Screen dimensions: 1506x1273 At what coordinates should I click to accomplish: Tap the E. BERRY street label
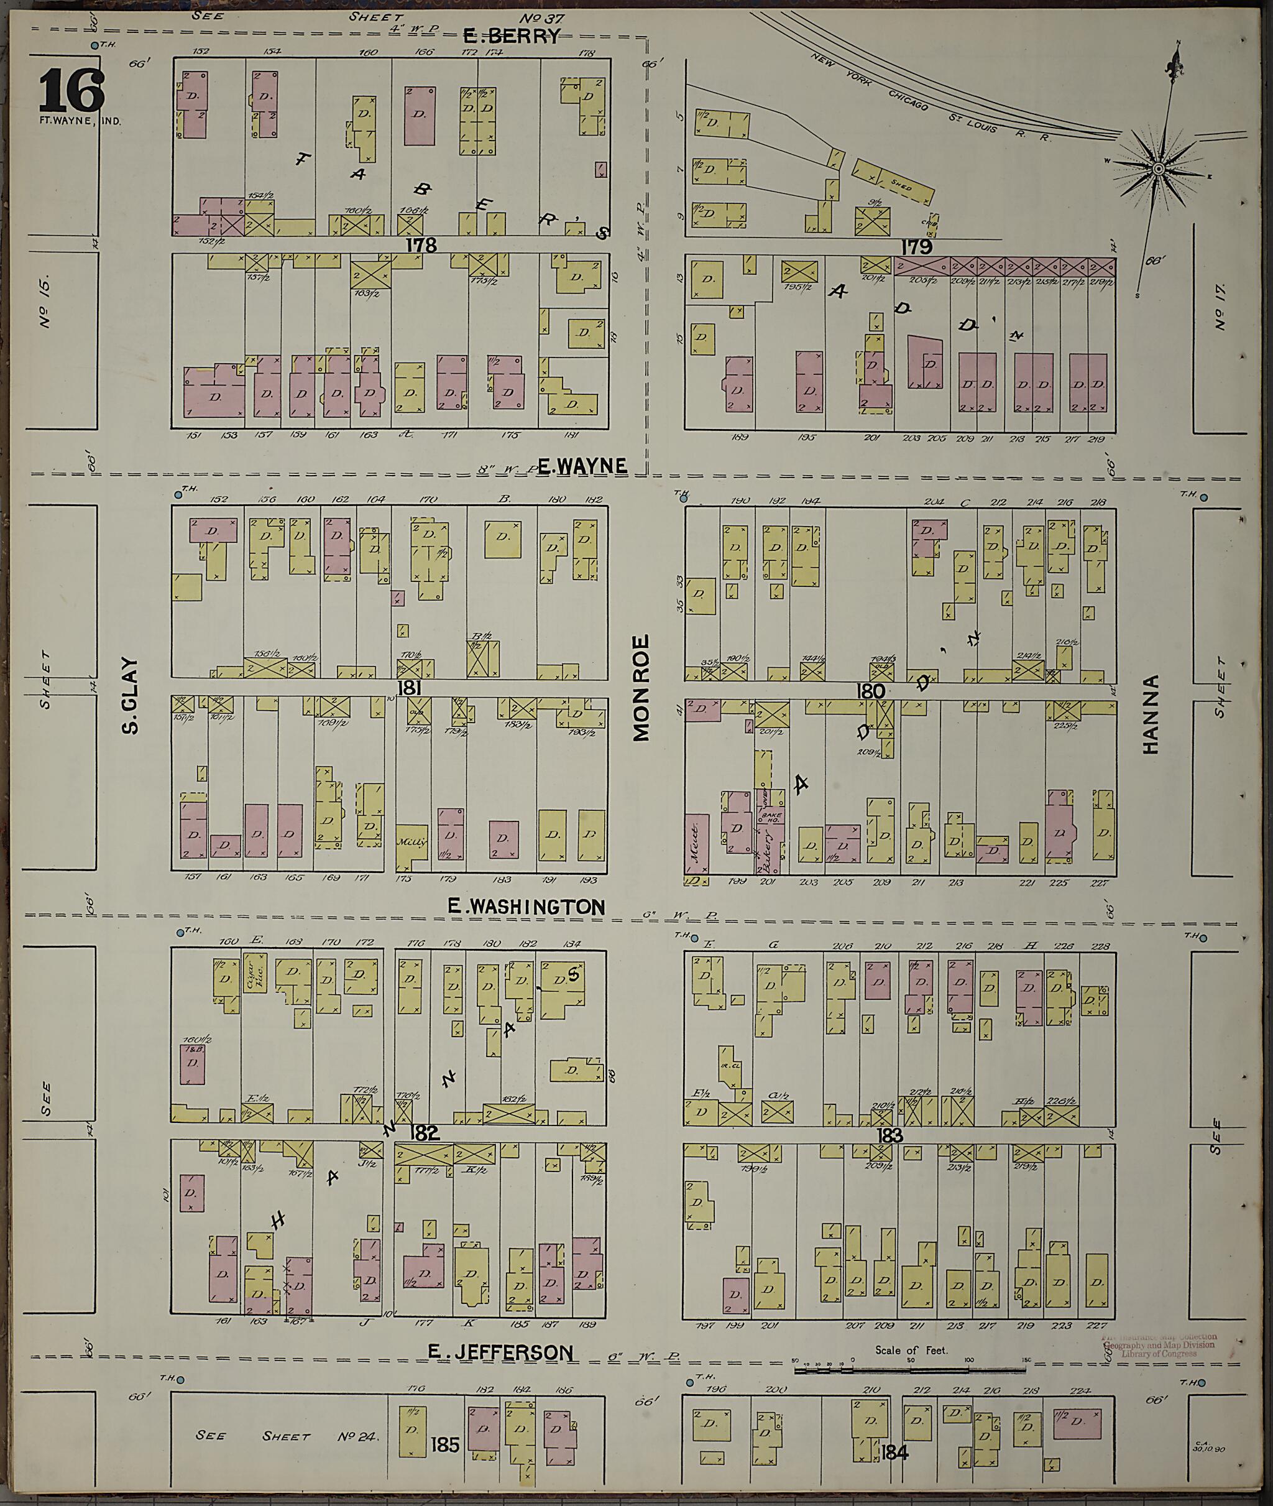(x=511, y=36)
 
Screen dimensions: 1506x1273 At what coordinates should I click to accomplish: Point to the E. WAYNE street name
(x=582, y=466)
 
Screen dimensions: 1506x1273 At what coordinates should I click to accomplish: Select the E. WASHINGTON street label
(x=526, y=907)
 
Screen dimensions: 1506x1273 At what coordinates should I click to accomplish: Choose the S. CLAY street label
(x=130, y=695)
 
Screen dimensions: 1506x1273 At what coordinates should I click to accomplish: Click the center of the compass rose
(x=1157, y=169)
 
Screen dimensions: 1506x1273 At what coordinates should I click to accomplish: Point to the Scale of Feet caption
(x=911, y=1349)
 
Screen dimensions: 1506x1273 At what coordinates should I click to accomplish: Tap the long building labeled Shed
(x=893, y=182)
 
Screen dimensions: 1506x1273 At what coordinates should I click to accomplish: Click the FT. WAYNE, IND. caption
(x=80, y=121)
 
